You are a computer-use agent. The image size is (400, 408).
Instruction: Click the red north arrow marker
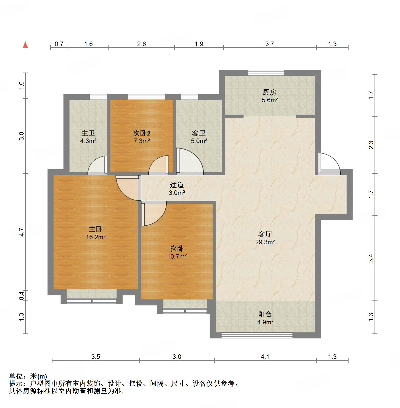25,45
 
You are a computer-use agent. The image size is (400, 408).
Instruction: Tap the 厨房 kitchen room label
270,92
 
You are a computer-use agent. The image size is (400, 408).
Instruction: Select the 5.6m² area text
270,100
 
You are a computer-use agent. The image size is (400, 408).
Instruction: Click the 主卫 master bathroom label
88,133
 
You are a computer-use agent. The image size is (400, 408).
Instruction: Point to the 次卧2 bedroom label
142,133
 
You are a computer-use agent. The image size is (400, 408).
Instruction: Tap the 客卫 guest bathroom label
199,133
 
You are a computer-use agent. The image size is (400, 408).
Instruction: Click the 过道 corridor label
177,185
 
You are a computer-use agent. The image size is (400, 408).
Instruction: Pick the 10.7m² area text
177,257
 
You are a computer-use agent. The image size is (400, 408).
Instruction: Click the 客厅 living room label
265,234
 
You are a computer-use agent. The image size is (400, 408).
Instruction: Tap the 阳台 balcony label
265,314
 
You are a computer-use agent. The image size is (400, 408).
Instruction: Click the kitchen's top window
266,73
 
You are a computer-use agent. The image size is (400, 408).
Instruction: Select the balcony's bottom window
257,335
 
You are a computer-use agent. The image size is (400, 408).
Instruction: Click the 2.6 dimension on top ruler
141,44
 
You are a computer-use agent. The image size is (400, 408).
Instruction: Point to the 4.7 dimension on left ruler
21,232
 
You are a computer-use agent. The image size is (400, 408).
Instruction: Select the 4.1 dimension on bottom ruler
265,357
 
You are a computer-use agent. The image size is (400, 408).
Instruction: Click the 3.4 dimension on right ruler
371,258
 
